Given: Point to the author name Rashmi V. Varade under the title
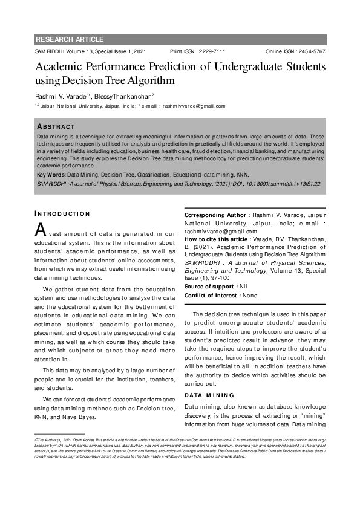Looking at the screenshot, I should tap(61, 96).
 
